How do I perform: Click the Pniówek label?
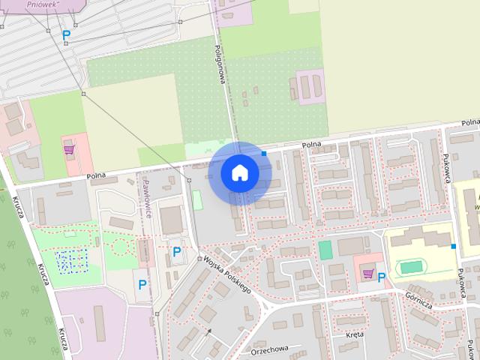(x=42, y=4)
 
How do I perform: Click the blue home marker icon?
(x=240, y=172)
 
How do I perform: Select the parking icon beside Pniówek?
(x=66, y=34)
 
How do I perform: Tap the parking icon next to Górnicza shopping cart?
(x=382, y=277)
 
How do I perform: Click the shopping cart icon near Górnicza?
(x=367, y=273)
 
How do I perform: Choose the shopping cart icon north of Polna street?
(x=69, y=148)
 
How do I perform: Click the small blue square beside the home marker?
(x=264, y=154)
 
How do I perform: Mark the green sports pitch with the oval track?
(x=410, y=266)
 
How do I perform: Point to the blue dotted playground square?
(x=73, y=260)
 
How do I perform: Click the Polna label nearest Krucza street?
(x=95, y=176)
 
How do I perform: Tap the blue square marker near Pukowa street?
(x=453, y=246)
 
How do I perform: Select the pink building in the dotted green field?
(x=310, y=85)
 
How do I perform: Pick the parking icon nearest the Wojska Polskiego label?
(x=177, y=251)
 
